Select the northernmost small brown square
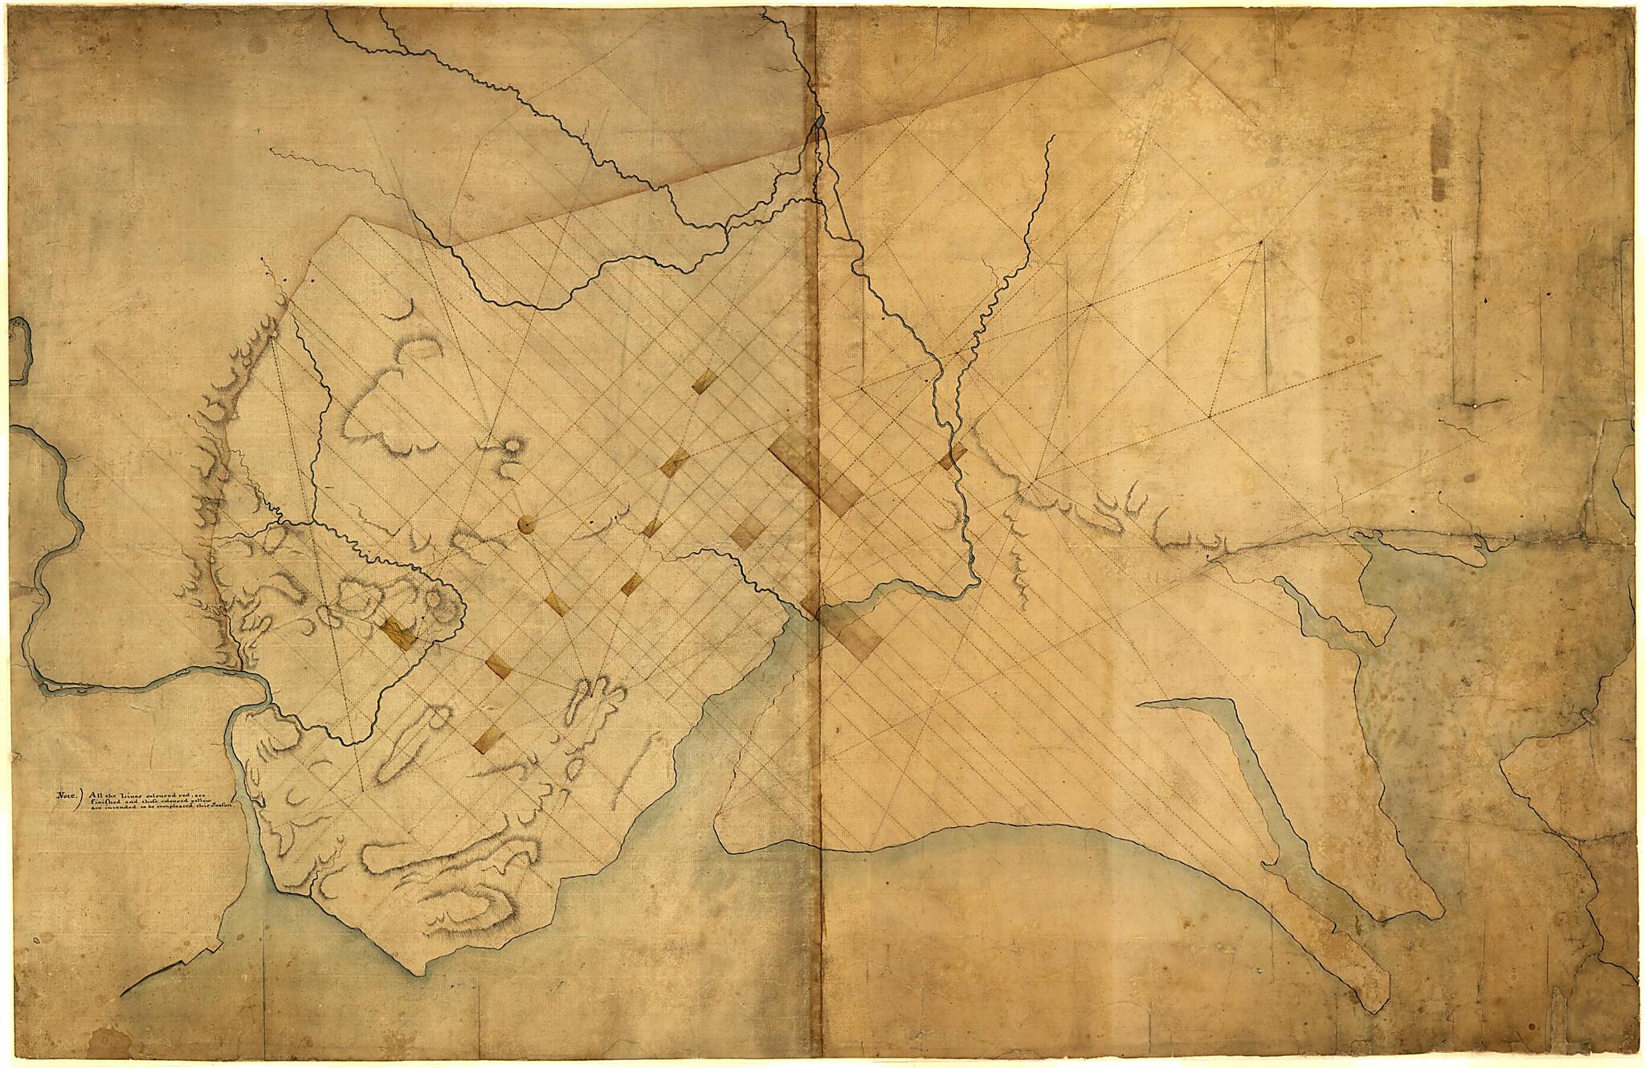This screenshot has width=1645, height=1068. click(x=704, y=383)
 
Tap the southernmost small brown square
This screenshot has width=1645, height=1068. click(x=489, y=740)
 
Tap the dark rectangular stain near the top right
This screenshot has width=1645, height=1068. click(x=1439, y=153)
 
